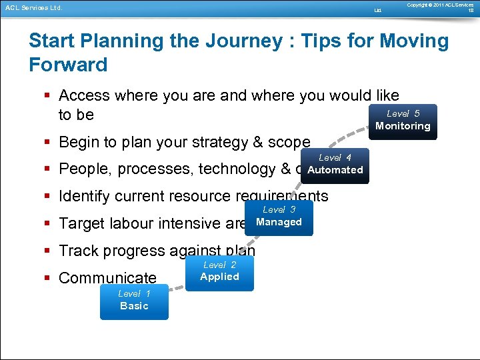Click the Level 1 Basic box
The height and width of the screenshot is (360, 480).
click(x=134, y=302)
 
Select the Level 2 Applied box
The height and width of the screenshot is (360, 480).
click(x=219, y=272)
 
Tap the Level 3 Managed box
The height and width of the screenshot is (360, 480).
click(x=279, y=217)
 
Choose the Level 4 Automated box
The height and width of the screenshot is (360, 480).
click(x=335, y=165)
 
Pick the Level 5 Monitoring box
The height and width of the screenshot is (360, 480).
click(x=403, y=121)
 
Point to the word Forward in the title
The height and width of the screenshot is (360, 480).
click(x=68, y=65)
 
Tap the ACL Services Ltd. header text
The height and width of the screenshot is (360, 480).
click(x=33, y=8)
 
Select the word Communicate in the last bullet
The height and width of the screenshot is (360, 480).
click(x=107, y=278)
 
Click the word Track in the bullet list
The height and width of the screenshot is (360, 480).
click(x=79, y=251)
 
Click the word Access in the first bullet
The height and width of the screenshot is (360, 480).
click(x=84, y=96)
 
